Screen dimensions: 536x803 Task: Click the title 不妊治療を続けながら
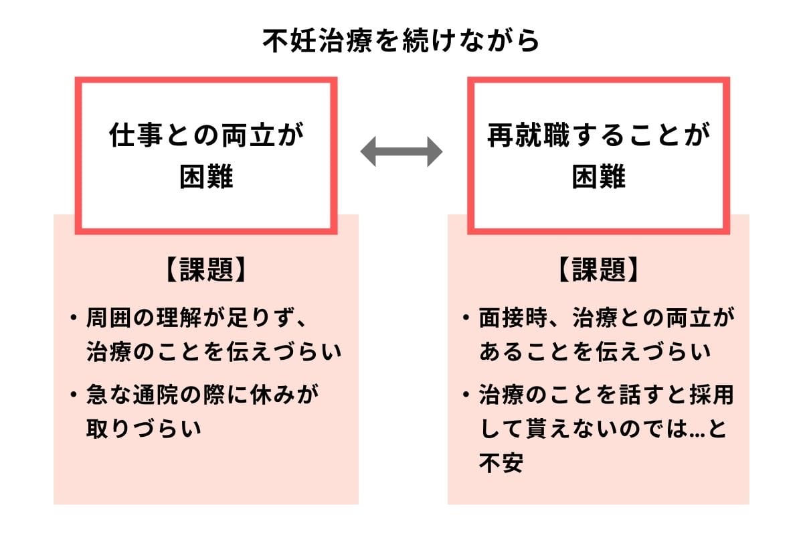(401, 41)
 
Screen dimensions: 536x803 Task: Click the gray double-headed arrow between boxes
(401, 153)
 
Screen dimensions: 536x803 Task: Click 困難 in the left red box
(206, 178)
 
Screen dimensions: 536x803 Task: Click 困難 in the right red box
(598, 178)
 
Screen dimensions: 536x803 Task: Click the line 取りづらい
(144, 429)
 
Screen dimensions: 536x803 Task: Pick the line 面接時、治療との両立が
(606, 317)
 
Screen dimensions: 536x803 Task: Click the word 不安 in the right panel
(501, 463)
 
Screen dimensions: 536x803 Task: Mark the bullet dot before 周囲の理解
(73, 317)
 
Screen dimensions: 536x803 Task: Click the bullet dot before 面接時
(466, 317)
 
